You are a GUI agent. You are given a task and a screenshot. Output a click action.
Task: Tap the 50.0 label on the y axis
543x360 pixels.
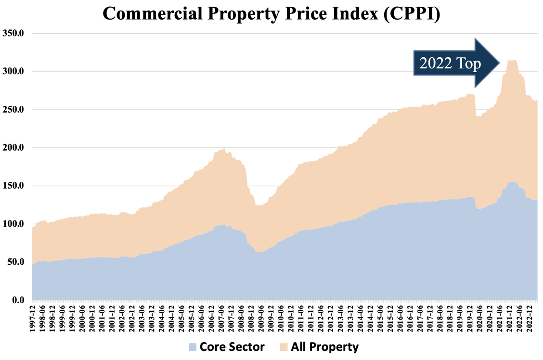pos(18,262)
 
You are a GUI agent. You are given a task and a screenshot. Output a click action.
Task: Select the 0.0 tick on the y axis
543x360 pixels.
pos(20,300)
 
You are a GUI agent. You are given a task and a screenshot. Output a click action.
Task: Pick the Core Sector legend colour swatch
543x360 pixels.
pos(193,347)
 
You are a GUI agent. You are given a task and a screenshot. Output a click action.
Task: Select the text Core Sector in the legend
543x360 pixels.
pos(232,347)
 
